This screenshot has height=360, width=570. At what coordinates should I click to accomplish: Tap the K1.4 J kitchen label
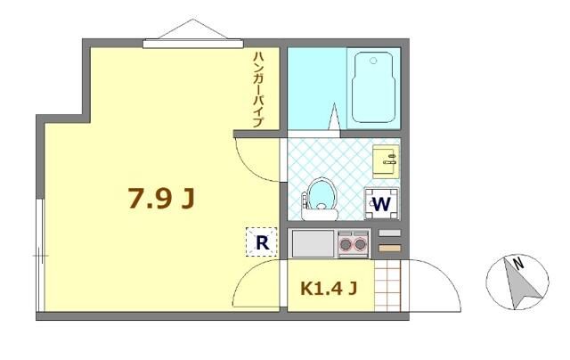(329, 288)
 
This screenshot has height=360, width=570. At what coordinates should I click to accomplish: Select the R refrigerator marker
(263, 241)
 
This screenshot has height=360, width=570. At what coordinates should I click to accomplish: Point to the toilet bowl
(320, 197)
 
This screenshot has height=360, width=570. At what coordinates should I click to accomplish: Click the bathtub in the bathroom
(375, 88)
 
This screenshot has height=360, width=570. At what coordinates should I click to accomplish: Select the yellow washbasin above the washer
(386, 161)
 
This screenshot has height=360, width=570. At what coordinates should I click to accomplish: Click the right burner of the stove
(360, 241)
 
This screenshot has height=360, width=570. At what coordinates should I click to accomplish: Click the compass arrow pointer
(515, 284)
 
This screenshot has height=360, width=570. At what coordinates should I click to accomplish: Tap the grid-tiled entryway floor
(388, 284)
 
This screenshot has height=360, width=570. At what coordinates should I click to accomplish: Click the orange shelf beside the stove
(389, 247)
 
